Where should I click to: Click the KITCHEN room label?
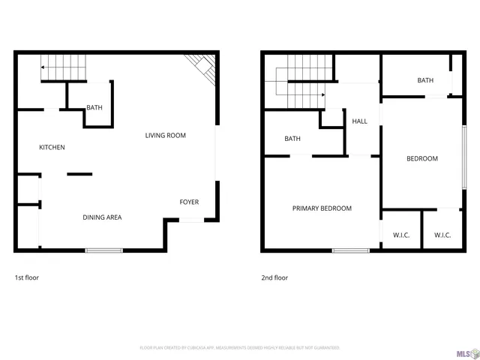point(52,147)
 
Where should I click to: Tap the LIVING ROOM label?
point(165,135)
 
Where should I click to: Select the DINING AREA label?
point(102,217)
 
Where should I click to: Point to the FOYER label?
point(189,202)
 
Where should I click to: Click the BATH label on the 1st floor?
point(94,107)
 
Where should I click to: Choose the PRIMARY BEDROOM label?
point(322,208)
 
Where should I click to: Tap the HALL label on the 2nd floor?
point(359,121)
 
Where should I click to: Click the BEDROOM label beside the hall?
point(422,158)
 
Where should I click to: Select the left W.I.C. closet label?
point(401,235)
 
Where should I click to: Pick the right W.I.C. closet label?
point(442,235)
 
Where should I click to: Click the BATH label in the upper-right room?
point(425,80)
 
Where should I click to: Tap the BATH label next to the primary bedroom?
point(292,139)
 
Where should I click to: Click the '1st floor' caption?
point(27,277)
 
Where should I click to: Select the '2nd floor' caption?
point(274,277)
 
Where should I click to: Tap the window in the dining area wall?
point(103,250)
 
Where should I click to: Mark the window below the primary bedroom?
point(350,250)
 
